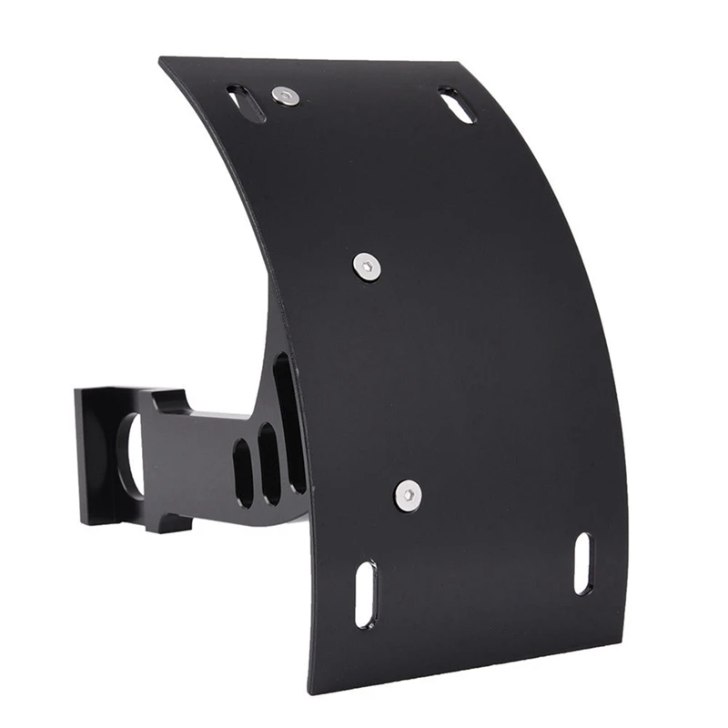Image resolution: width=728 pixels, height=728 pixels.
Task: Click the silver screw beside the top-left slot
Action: coord(287,96)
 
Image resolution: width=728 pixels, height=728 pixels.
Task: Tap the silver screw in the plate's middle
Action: coord(368,266)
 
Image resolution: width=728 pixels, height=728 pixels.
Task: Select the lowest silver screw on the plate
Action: coord(409,494)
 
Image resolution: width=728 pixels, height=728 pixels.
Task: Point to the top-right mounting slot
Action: coord(456,105)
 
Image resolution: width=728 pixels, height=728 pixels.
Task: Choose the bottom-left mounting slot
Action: coord(364,593)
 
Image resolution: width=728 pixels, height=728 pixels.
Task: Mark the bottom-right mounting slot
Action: coord(582,563)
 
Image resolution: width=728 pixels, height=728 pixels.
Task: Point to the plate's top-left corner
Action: coord(161,60)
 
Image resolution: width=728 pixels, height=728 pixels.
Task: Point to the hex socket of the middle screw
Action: coord(368,266)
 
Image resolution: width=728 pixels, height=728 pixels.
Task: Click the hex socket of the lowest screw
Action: coord(409,494)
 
